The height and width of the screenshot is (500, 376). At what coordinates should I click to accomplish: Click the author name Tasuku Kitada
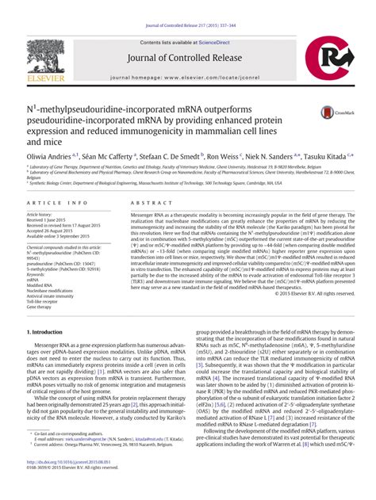coord(324,157)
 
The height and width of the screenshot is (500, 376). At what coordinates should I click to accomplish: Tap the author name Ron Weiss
coord(223,157)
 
